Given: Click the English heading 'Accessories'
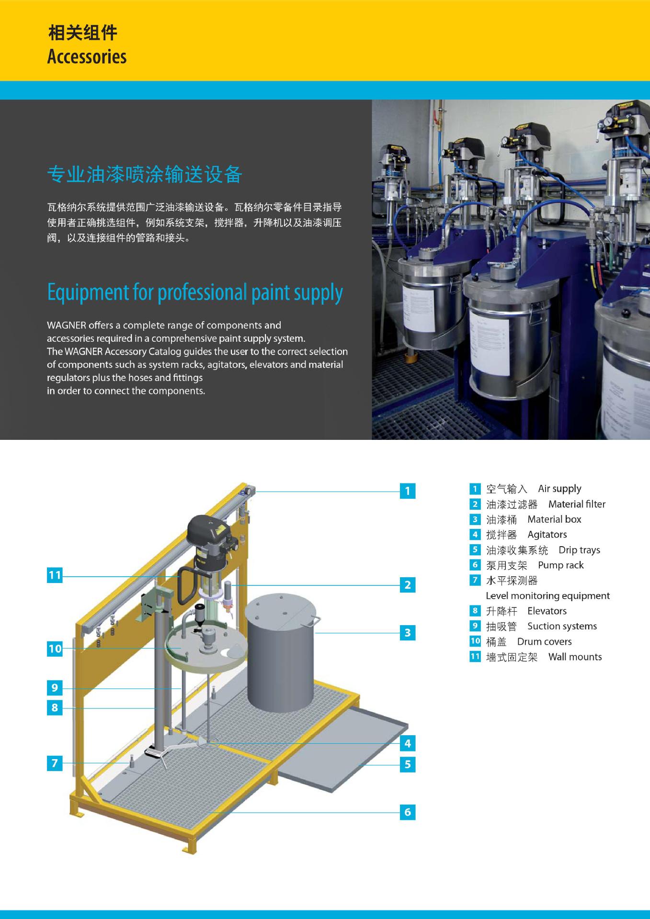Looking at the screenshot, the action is click(87, 56).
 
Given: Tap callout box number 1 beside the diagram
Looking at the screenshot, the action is click(408, 491).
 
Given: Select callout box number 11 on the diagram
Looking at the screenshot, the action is click(55, 575).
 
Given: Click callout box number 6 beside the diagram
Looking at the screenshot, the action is click(408, 812).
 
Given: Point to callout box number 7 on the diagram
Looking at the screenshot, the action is click(55, 762).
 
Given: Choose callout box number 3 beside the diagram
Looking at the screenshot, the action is click(408, 632).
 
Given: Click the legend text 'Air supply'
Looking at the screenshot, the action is click(559, 489).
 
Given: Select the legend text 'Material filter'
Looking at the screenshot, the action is click(577, 504).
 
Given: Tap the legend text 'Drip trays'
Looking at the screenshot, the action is click(579, 550).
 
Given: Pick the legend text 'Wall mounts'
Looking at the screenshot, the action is click(575, 657).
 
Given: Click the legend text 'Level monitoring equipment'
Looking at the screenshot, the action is click(548, 596).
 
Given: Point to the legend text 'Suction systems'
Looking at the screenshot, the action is click(562, 626).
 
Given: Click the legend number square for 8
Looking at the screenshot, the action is click(475, 610).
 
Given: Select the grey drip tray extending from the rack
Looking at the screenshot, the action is click(342, 751).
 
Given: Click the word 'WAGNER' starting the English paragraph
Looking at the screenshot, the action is click(66, 325).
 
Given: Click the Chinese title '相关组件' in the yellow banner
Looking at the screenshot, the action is click(82, 33).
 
